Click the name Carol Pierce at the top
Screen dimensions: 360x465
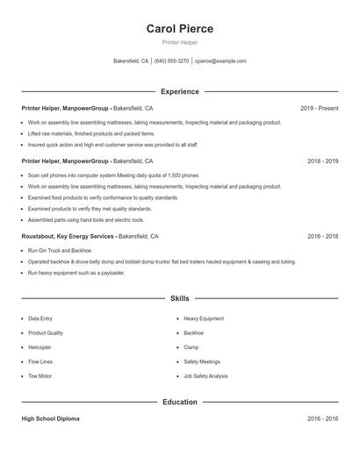click(x=179, y=28)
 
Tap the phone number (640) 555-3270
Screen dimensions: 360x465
click(x=172, y=61)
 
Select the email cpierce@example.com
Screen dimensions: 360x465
click(x=220, y=61)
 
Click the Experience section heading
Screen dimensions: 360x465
click(x=179, y=91)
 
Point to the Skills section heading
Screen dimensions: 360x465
click(x=179, y=299)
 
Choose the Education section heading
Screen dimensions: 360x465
click(x=179, y=402)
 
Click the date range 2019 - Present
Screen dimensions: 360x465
click(x=319, y=108)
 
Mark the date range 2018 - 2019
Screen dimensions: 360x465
click(x=322, y=161)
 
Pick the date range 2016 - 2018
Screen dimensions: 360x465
click(x=322, y=237)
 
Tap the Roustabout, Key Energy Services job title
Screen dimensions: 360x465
click(x=69, y=237)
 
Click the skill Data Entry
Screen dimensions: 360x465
click(x=40, y=318)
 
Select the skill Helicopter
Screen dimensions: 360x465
click(x=40, y=347)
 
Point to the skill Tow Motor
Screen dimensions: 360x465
click(x=40, y=376)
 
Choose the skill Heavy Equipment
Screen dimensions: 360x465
click(x=204, y=318)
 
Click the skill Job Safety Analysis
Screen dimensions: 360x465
click(x=205, y=376)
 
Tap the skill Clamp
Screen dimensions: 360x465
click(x=192, y=347)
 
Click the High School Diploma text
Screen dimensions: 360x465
click(x=50, y=419)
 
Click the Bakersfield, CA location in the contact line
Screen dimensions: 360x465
click(x=131, y=61)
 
